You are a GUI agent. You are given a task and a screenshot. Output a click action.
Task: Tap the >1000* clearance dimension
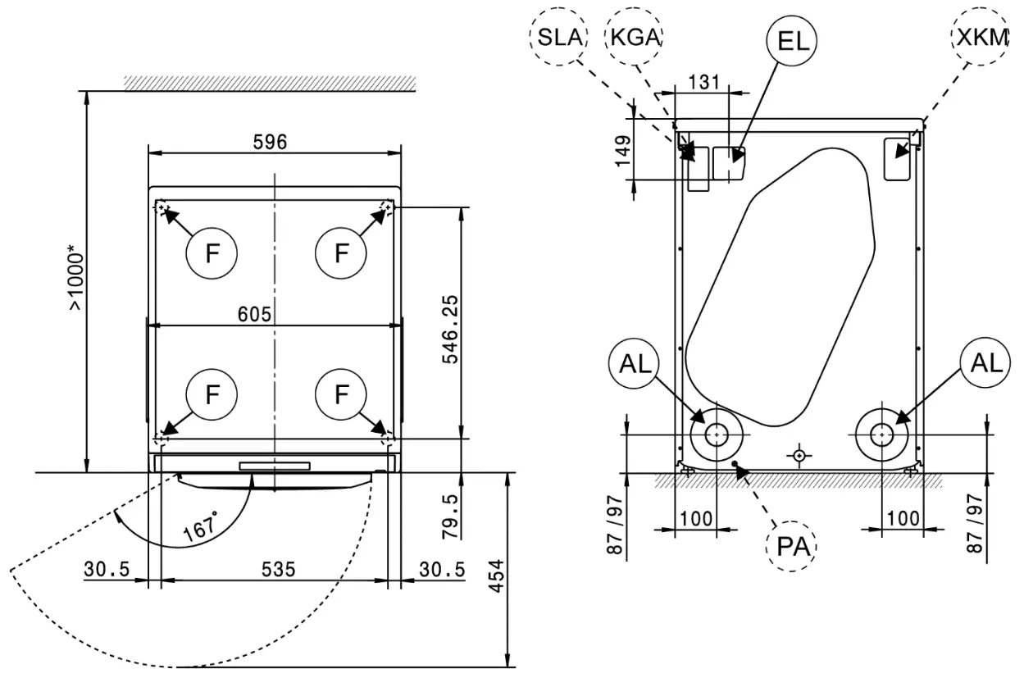[75, 280]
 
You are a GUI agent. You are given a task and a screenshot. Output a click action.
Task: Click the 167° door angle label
[202, 525]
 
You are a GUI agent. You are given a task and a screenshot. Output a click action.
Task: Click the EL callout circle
[793, 41]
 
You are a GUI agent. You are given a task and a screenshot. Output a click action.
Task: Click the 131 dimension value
[703, 83]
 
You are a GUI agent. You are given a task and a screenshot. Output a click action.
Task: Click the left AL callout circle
[635, 363]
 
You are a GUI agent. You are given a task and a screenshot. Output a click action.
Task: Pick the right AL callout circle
[985, 363]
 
